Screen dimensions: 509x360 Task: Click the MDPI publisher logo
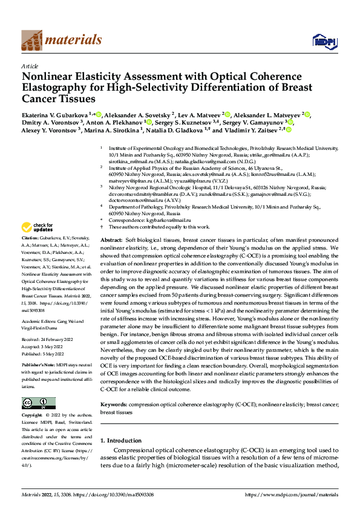(323, 41)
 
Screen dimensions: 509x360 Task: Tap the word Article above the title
(30, 66)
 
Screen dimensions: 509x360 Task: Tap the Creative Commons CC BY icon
(38, 403)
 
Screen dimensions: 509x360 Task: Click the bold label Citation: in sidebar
(31, 256)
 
